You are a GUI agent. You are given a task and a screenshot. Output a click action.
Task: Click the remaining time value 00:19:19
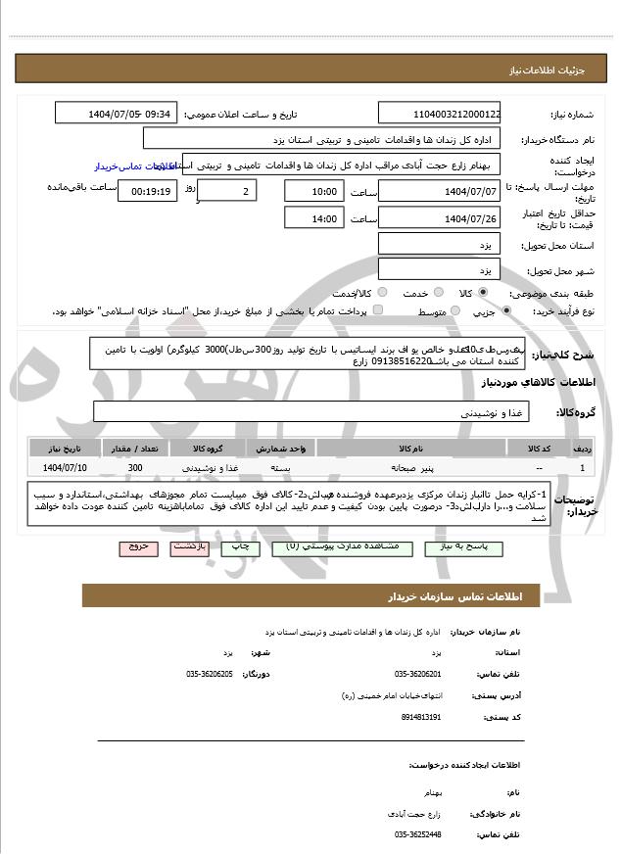pyautogui.click(x=147, y=190)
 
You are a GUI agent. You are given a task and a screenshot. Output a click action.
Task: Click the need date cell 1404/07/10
pyautogui.click(x=65, y=467)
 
